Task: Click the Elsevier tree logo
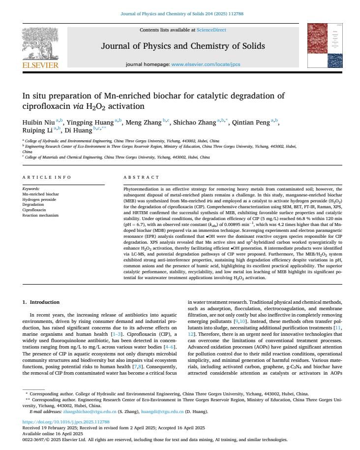(x=40, y=43)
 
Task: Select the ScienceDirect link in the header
(x=211, y=30)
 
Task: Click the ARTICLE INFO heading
(x=47, y=177)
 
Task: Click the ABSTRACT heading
(x=141, y=177)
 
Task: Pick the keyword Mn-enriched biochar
(x=41, y=194)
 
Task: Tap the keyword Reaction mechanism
(x=40, y=215)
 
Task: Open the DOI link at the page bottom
(x=66, y=422)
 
